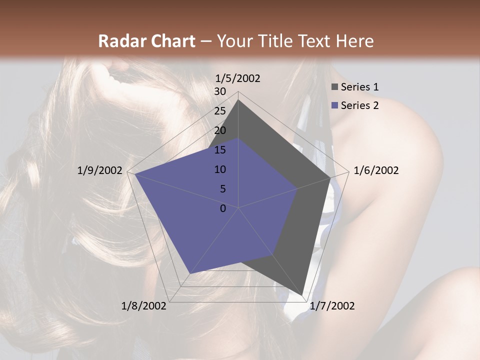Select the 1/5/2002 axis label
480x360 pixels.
click(x=238, y=78)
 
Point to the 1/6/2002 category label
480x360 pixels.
click(x=376, y=170)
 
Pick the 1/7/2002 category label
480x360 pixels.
click(x=332, y=306)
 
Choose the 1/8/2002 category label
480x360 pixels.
click(x=144, y=306)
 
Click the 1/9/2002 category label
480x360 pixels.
click(x=100, y=170)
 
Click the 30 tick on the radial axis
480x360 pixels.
click(x=220, y=92)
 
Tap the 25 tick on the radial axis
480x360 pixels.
click(x=220, y=111)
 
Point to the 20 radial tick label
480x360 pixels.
click(x=220, y=130)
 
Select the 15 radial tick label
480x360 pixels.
click(x=220, y=150)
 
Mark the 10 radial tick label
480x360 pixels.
click(x=220, y=169)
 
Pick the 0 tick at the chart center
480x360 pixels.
click(x=223, y=208)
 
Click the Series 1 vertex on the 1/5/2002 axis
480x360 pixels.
click(x=238, y=100)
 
